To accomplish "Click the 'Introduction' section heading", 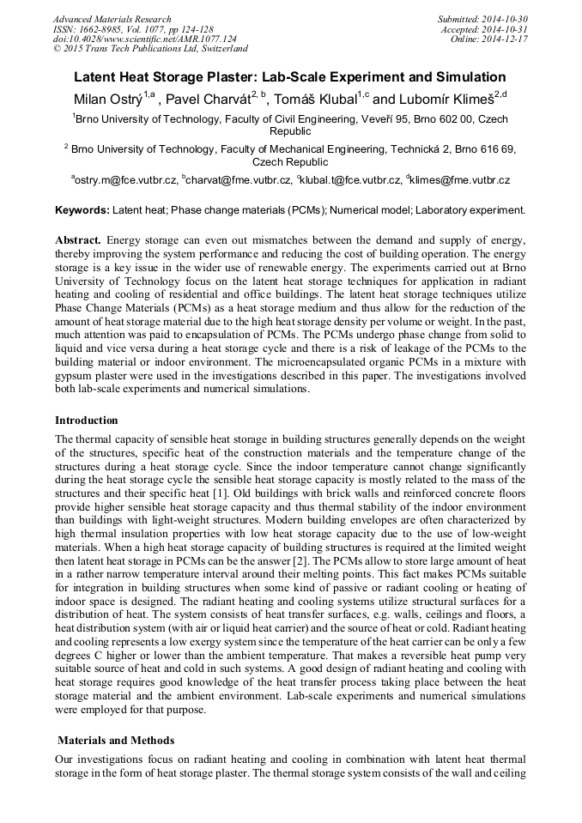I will coord(87,421).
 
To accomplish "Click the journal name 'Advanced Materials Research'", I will coord(112,19).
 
